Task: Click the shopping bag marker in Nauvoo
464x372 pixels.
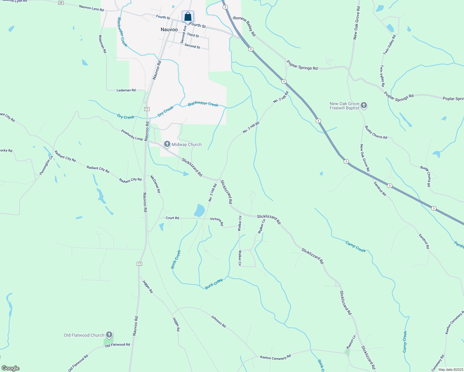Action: (188, 17)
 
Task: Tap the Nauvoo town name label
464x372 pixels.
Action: (169, 30)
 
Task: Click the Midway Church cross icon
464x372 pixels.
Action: (167, 144)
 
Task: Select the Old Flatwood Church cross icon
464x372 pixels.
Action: (109, 335)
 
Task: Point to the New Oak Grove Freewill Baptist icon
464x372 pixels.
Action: (364, 106)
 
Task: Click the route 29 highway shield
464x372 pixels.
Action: (61, 3)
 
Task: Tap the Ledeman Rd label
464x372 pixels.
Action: (126, 90)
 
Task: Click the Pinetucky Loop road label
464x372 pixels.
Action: (132, 135)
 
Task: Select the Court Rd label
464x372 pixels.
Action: (172, 218)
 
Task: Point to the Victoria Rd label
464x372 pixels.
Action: (217, 221)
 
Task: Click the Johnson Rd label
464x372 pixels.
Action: (218, 321)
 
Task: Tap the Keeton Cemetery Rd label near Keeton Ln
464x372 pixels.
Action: (275, 357)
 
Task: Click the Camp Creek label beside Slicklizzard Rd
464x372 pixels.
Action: (355, 247)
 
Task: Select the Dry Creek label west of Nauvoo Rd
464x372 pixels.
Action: (126, 117)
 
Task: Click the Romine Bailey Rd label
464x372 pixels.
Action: (245, 26)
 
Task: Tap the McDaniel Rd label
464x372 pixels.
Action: (155, 184)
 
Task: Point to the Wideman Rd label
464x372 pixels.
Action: (102, 44)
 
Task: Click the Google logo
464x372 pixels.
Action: (11, 368)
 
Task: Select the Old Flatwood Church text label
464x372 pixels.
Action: (84, 335)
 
